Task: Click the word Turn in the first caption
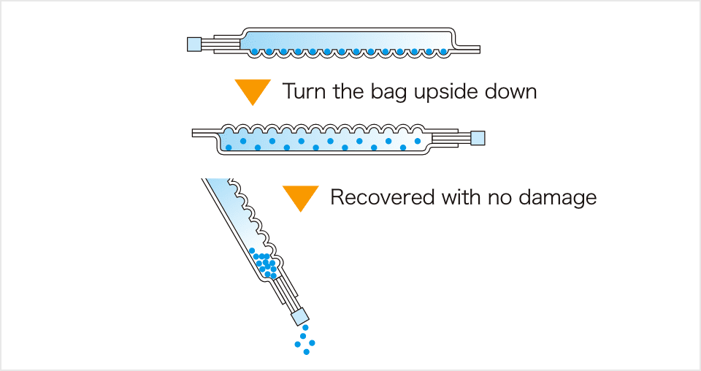point(304,92)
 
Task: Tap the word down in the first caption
point(510,92)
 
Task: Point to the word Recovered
point(381,197)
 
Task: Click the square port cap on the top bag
point(194,44)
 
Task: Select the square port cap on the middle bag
point(478,137)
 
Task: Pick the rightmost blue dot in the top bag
point(443,52)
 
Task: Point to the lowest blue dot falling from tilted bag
point(307,352)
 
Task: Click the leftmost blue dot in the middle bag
point(229,148)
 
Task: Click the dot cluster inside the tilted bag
point(264,264)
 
